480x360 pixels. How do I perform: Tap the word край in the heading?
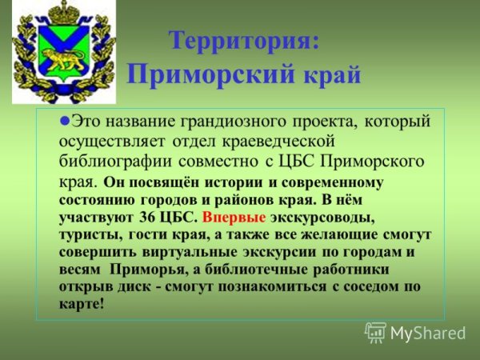coord(330,76)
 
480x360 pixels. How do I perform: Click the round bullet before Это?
coord(66,121)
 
